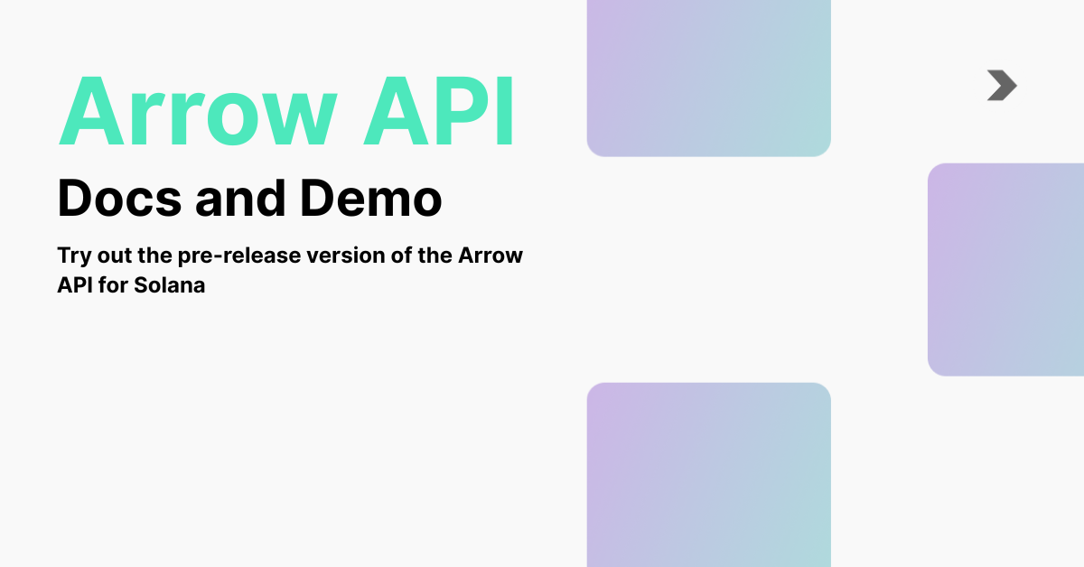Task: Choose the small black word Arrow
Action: pos(491,256)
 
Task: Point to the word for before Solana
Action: pos(115,284)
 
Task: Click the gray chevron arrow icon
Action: pos(1002,85)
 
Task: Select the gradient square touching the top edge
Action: pos(708,78)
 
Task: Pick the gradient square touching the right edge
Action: pos(1005,269)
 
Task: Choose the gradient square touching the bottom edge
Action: pos(708,474)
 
